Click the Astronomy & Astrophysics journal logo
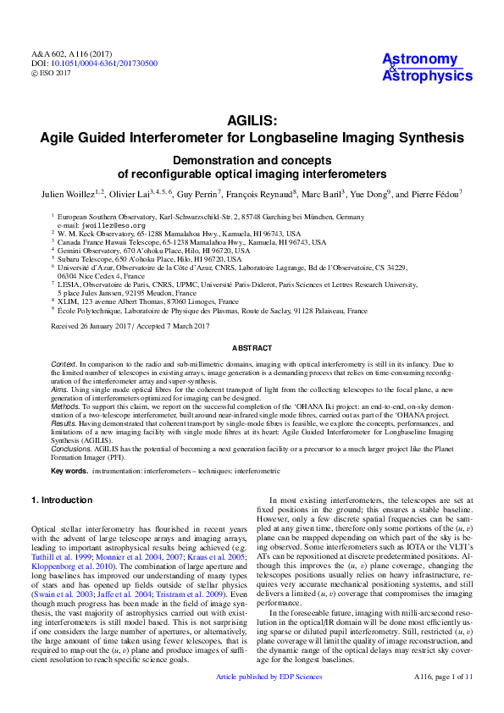pyautogui.click(x=427, y=67)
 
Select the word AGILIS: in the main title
pyautogui.click(x=252, y=121)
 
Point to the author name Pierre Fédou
pyautogui.click(x=434, y=195)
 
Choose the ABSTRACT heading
pyautogui.click(x=252, y=348)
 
